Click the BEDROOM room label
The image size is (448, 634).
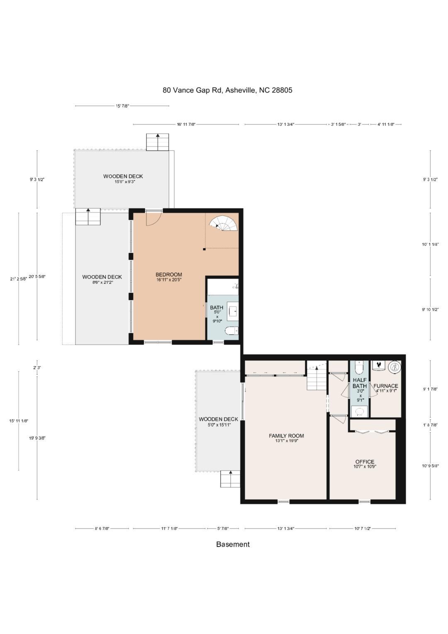click(x=168, y=274)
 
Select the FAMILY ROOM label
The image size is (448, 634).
click(x=286, y=436)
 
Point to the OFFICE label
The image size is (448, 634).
click(x=365, y=462)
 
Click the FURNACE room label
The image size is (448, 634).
click(x=386, y=386)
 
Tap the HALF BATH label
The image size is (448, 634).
click(x=360, y=383)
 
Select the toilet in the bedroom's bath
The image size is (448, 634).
click(x=232, y=330)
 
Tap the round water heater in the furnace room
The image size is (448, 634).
click(x=394, y=367)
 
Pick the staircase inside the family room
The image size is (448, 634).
click(x=317, y=376)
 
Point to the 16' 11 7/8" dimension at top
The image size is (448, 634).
click(x=186, y=124)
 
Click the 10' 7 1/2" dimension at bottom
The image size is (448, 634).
click(x=363, y=528)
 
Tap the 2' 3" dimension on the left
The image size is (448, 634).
click(x=37, y=368)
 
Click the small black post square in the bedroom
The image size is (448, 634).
click(x=204, y=249)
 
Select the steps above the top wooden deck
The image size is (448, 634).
click(x=158, y=142)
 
